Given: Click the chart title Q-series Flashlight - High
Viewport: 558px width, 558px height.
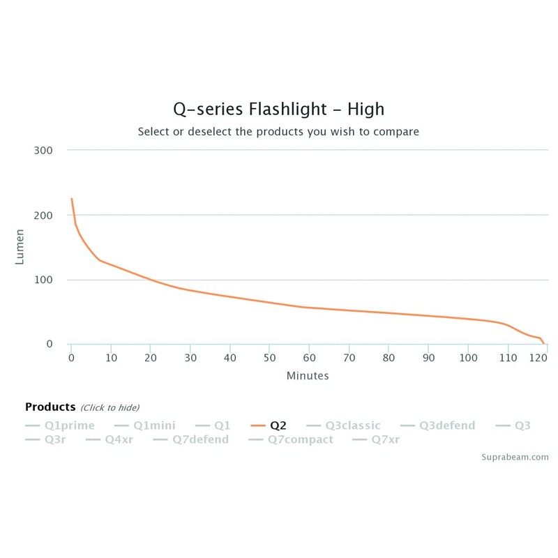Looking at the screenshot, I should tap(278, 110).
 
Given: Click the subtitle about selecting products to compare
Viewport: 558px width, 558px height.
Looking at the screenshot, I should tap(278, 131).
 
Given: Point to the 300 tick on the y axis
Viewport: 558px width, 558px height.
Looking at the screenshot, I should tap(43, 150).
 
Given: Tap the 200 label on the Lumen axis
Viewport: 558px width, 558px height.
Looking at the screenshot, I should tap(43, 215).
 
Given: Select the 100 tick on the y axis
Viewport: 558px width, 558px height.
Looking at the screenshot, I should tap(43, 280).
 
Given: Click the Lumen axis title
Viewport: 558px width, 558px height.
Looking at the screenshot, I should tap(20, 247).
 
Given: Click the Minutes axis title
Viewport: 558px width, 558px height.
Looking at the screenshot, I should tap(308, 375).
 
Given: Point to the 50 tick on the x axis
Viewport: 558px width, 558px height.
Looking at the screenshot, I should tap(269, 358).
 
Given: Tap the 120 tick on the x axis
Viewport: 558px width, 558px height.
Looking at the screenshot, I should tap(537, 358).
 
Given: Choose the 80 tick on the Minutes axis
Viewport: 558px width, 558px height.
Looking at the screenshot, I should tap(389, 358).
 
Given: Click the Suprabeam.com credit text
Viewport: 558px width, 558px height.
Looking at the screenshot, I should tap(515, 458).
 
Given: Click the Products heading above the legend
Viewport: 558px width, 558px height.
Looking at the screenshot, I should tap(50, 407).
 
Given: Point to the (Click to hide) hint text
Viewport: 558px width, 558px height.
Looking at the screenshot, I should tap(110, 407).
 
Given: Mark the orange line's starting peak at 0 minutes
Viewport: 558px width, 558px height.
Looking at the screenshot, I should tap(71, 199).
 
